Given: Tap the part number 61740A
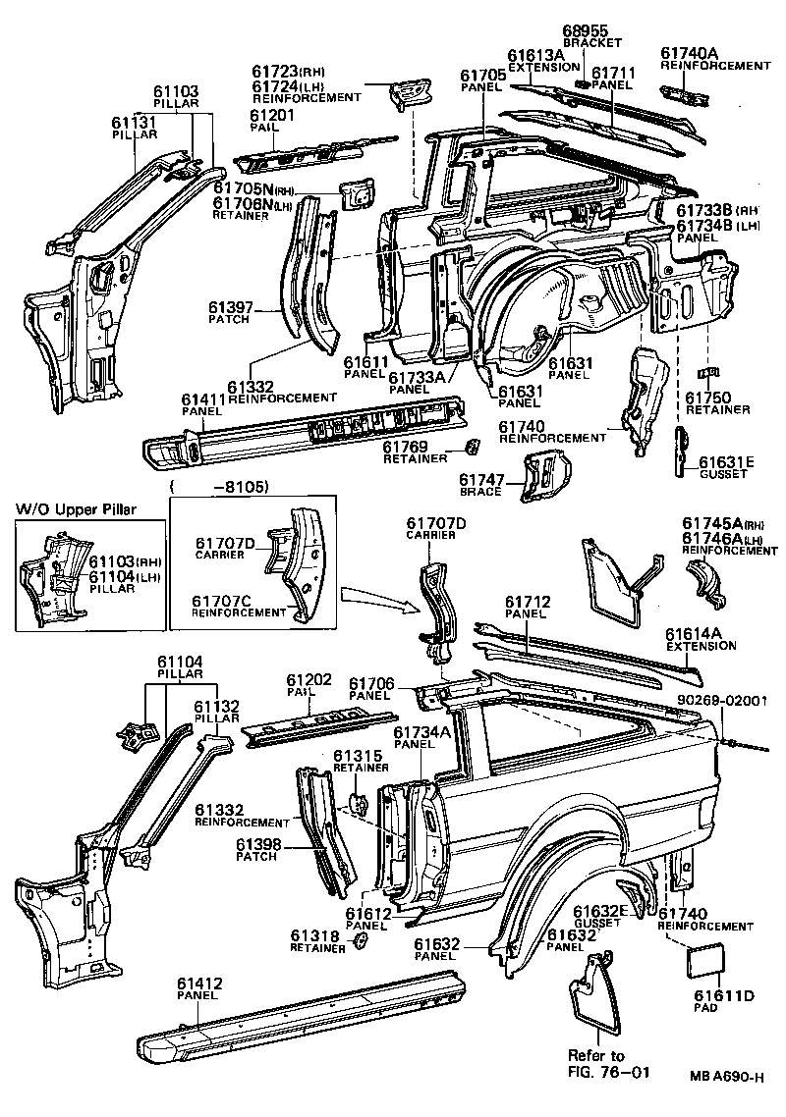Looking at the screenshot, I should [x=690, y=53].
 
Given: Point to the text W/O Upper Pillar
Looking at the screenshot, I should [x=76, y=508].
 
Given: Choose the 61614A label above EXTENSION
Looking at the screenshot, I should [x=701, y=634].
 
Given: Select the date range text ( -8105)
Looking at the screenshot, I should [x=220, y=486].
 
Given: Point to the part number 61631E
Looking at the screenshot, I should [x=726, y=461].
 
